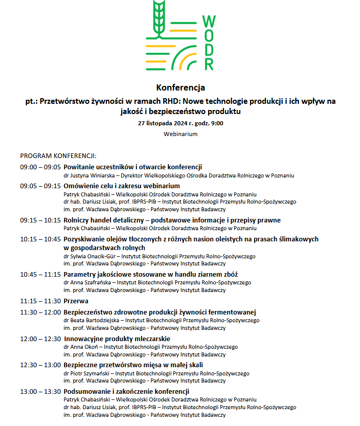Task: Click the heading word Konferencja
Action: pos(180,87)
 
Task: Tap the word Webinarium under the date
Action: pos(180,134)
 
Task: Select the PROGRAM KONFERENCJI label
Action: pos(58,155)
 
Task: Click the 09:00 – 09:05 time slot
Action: pos(40,167)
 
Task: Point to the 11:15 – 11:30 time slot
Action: pos(40,301)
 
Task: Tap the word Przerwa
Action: pos(76,301)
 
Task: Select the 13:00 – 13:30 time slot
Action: pos(40,392)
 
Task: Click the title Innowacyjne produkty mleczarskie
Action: pos(117,339)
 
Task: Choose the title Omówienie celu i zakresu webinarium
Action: pos(122,186)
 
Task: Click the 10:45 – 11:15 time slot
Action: pos(40,275)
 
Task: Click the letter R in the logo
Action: pos(209,64)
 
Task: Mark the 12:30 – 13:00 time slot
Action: pos(40,365)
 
